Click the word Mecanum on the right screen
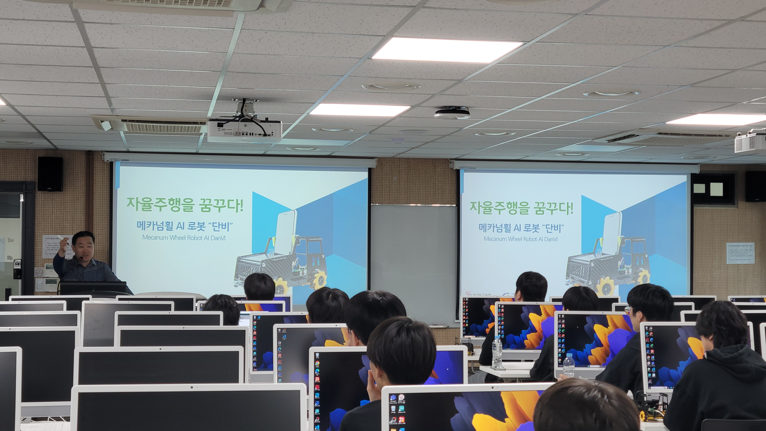(495, 239)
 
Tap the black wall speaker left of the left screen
(50, 174)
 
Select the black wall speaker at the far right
(755, 186)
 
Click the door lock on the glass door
(17, 269)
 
